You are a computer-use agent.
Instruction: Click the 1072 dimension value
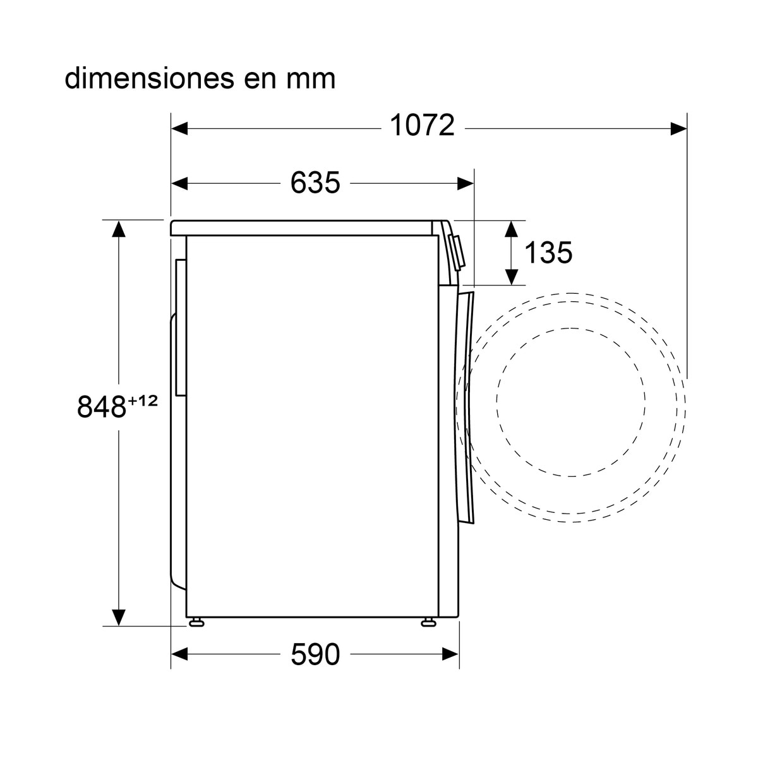(422, 125)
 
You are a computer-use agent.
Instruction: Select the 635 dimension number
(315, 183)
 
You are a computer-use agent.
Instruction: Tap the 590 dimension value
(315, 654)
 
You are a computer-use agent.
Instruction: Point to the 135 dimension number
(548, 252)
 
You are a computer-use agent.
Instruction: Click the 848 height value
(102, 406)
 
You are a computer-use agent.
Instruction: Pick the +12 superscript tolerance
(142, 401)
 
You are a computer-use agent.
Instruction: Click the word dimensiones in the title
(150, 78)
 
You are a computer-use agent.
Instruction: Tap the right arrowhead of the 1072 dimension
(679, 128)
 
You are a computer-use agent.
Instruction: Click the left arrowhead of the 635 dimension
(179, 183)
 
